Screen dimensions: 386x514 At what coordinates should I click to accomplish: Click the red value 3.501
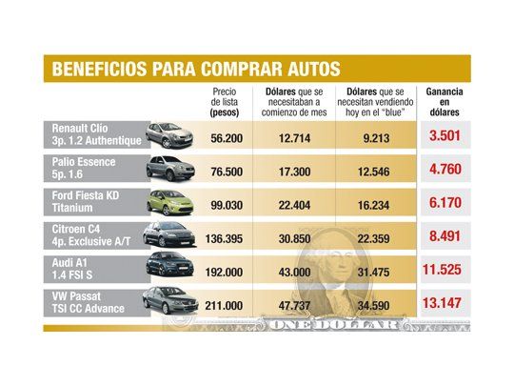445,136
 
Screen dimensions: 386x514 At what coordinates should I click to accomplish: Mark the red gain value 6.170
445,204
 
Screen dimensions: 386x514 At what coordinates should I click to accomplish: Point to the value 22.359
373,238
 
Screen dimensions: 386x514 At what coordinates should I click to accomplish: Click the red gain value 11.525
445,271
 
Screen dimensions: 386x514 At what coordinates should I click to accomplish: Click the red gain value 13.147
445,304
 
